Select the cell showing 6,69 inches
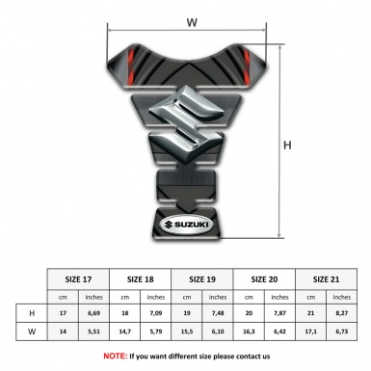pyautogui.click(x=94, y=312)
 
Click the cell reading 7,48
pyautogui.click(x=219, y=312)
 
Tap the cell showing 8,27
pyautogui.click(x=341, y=312)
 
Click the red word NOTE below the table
pyautogui.click(x=113, y=356)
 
